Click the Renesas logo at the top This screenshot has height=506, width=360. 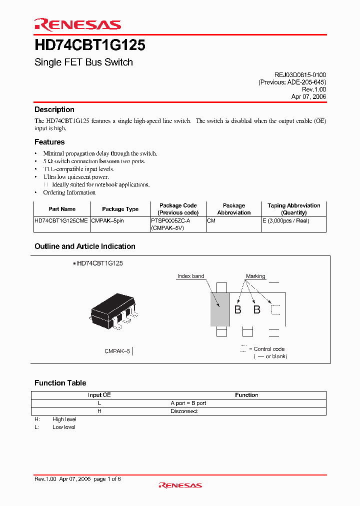77,24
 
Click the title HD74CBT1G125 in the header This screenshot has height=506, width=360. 89,45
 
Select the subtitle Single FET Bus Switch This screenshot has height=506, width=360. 83,62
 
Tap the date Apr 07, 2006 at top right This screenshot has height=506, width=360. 308,97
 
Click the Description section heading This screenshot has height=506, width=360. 54,109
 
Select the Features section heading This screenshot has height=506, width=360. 49,142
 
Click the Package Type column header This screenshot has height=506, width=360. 120,209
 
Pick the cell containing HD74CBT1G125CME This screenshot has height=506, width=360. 61,220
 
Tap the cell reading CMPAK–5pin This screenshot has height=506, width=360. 107,220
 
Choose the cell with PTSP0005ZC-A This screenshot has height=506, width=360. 170,220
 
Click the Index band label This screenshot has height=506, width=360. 191,276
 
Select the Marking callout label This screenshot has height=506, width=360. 255,276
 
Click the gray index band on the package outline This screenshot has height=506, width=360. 219,309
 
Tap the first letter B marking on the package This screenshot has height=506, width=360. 238,309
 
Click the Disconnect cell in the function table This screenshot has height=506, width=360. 184,411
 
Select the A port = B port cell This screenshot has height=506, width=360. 188,403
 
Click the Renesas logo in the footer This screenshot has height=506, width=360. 180,485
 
